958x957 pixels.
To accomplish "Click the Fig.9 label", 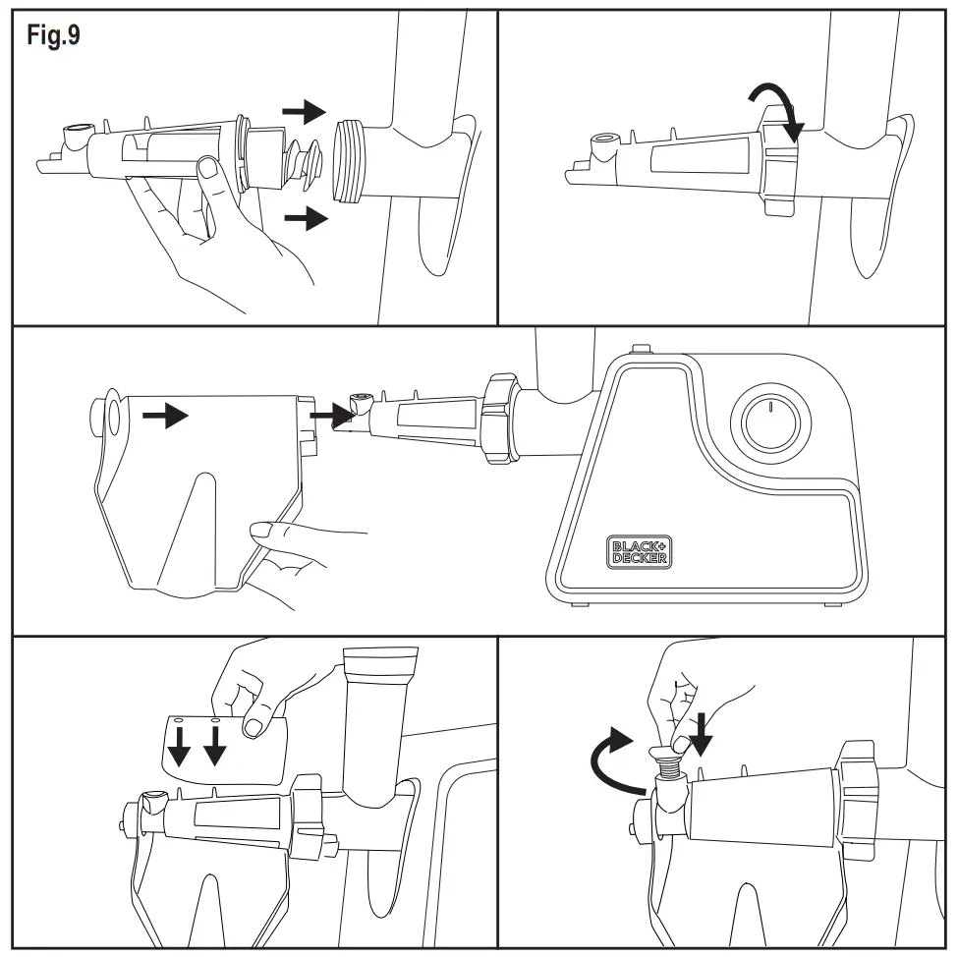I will pos(53,37).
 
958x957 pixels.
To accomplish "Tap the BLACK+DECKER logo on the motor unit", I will pos(640,551).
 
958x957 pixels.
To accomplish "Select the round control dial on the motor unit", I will pos(771,425).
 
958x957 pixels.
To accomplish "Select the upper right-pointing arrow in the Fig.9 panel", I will pos(304,111).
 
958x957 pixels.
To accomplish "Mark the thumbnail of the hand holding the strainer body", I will pos(207,170).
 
